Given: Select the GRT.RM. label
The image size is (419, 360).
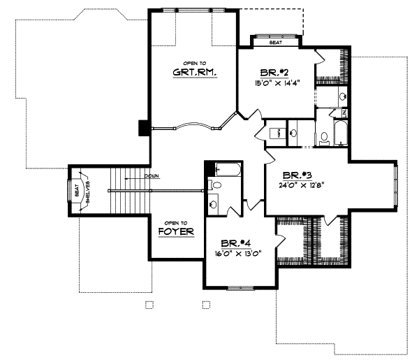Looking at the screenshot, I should tap(193, 72).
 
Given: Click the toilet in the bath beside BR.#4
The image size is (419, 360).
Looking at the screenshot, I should tap(215, 185).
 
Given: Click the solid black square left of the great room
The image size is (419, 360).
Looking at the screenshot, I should tap(143, 128).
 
